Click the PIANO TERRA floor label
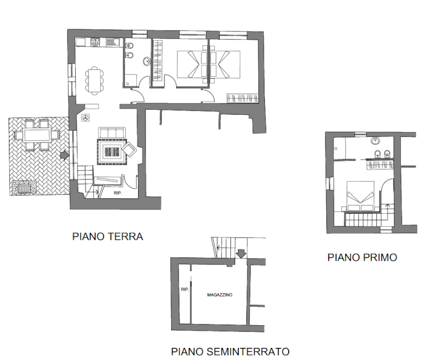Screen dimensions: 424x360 click(x=107, y=236)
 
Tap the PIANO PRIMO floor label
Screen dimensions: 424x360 click(x=362, y=257)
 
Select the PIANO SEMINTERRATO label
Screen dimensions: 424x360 click(x=230, y=351)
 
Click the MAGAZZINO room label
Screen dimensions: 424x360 click(x=220, y=294)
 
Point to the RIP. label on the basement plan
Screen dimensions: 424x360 click(x=185, y=289)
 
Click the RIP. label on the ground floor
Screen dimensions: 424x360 click(x=118, y=193)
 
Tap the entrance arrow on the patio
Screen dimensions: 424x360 click(x=64, y=155)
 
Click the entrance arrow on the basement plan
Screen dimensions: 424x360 click(x=241, y=253)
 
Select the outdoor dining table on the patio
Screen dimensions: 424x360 click(x=36, y=135)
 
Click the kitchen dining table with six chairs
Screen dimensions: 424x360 click(x=94, y=81)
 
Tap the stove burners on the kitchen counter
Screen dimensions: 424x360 click(x=95, y=42)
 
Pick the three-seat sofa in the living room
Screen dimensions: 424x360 click(x=112, y=133)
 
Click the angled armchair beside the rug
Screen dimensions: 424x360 click(x=130, y=149)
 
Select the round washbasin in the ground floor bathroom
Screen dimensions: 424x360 click(x=147, y=61)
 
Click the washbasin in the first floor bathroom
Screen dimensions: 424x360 click(x=375, y=141)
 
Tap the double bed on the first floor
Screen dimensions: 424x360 click(x=360, y=196)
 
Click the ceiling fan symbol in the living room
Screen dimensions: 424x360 click(x=86, y=118)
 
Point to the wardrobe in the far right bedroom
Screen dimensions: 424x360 click(x=242, y=98)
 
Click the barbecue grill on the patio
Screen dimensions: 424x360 click(x=24, y=188)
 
